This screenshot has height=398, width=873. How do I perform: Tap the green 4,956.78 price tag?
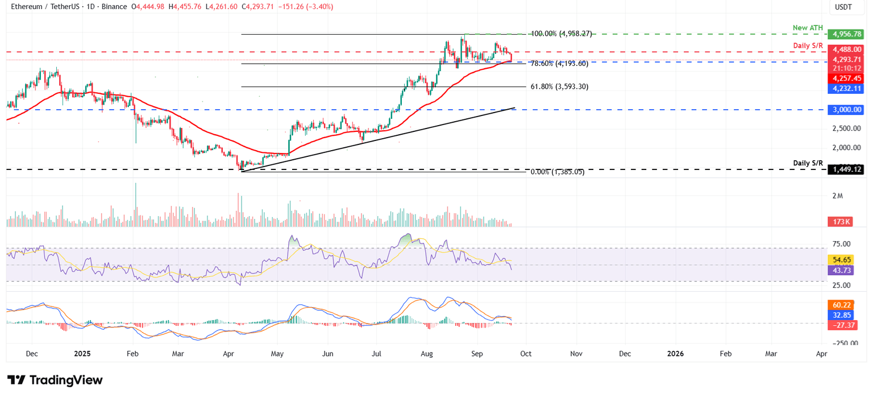click(847, 34)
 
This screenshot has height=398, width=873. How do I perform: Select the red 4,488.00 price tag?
click(847, 49)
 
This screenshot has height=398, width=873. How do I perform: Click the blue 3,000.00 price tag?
click(847, 109)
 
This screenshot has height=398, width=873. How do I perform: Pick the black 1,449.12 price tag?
click(847, 169)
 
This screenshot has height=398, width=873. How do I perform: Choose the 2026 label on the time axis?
click(675, 353)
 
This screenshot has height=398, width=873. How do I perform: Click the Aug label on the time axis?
click(427, 353)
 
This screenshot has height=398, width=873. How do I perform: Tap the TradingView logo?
click(55, 380)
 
